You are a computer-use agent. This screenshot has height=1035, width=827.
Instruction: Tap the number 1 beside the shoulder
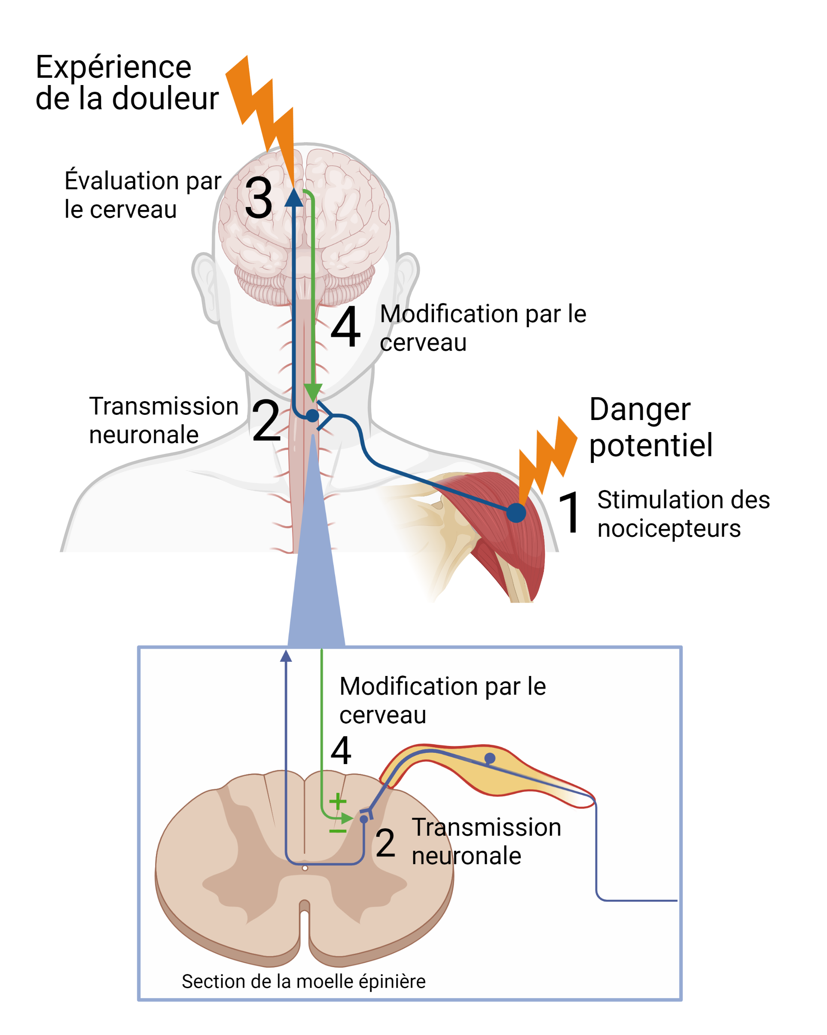coord(570,512)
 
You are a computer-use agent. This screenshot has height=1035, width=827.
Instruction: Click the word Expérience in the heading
coord(113,67)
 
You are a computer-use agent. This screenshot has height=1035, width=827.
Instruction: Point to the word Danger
coord(640,411)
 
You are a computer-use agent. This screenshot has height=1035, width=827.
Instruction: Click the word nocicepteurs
coord(669,529)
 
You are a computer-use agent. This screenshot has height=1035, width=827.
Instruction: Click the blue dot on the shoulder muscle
coord(516,513)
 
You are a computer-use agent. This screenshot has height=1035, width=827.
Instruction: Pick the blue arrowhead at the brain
coord(294,198)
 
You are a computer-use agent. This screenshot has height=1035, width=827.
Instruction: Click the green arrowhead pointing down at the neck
coord(313,392)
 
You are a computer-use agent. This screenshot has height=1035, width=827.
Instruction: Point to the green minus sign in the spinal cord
coord(338,831)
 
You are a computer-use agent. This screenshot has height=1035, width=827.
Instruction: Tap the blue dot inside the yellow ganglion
coord(489,758)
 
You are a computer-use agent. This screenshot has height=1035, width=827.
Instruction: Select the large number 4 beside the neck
coord(346,327)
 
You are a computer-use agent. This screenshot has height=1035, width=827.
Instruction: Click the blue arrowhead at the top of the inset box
coord(286,656)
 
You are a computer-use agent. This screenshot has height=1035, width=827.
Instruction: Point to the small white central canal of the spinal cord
coord(305,868)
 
